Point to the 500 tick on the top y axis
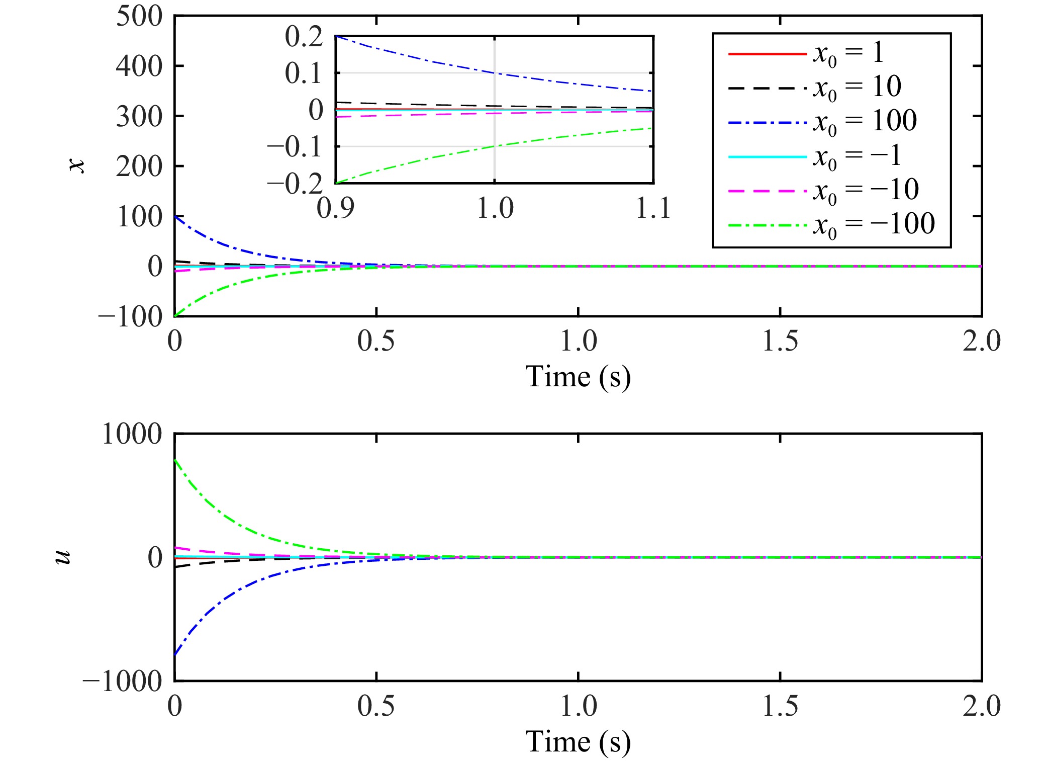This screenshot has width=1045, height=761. (x=139, y=16)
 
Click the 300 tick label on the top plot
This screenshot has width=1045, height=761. (x=139, y=117)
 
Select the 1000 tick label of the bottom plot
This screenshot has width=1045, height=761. (x=132, y=434)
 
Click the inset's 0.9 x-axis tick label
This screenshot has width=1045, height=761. (x=335, y=208)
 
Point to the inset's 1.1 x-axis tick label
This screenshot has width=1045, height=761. (x=653, y=208)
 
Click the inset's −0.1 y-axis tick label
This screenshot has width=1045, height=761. (x=295, y=147)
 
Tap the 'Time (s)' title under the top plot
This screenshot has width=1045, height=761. (x=578, y=377)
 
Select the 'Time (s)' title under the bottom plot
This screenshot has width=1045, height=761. (x=578, y=742)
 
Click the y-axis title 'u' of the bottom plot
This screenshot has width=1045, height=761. (x=63, y=557)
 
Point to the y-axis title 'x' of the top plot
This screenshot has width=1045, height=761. (x=77, y=165)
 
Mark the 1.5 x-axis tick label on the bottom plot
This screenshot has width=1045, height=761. (x=780, y=706)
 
